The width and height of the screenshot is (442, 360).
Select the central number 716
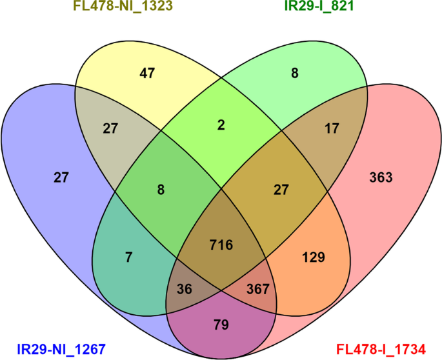(221, 245)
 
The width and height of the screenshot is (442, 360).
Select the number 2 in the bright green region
(221, 126)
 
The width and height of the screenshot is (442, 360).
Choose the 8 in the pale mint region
(294, 74)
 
